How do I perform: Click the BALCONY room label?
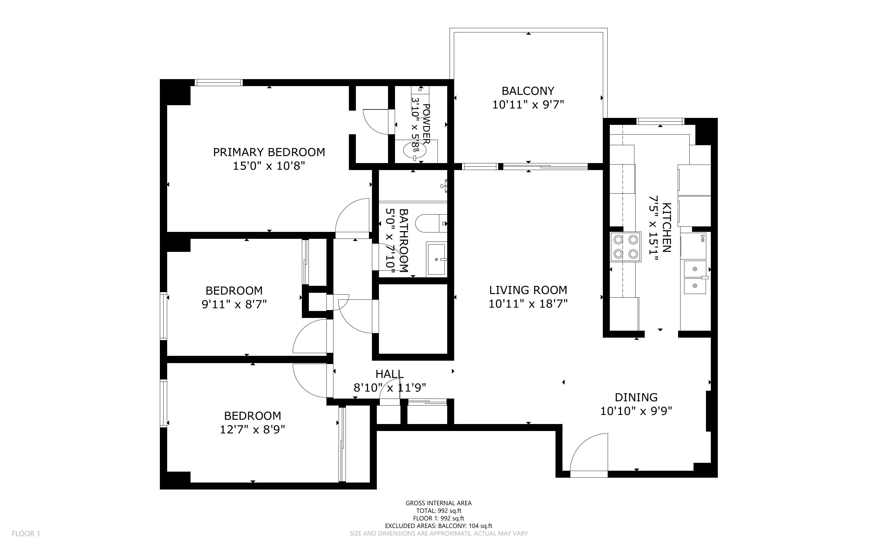[528, 91]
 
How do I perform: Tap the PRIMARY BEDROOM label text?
[269, 152]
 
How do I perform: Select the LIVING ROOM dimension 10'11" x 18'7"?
[528, 304]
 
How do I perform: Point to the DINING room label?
[636, 397]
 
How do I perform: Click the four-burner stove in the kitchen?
[626, 247]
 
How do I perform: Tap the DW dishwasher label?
[702, 238]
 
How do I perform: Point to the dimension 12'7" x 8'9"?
[252, 429]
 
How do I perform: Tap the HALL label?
[390, 374]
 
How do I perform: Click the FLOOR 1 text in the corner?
[26, 533]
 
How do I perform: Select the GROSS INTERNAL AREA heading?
[438, 503]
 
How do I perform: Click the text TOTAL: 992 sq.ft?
[438, 511]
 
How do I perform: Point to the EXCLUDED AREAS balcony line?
[438, 526]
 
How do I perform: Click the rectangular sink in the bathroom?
[437, 259]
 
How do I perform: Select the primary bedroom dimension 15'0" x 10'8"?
[269, 166]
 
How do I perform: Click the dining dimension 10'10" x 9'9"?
[636, 411]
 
